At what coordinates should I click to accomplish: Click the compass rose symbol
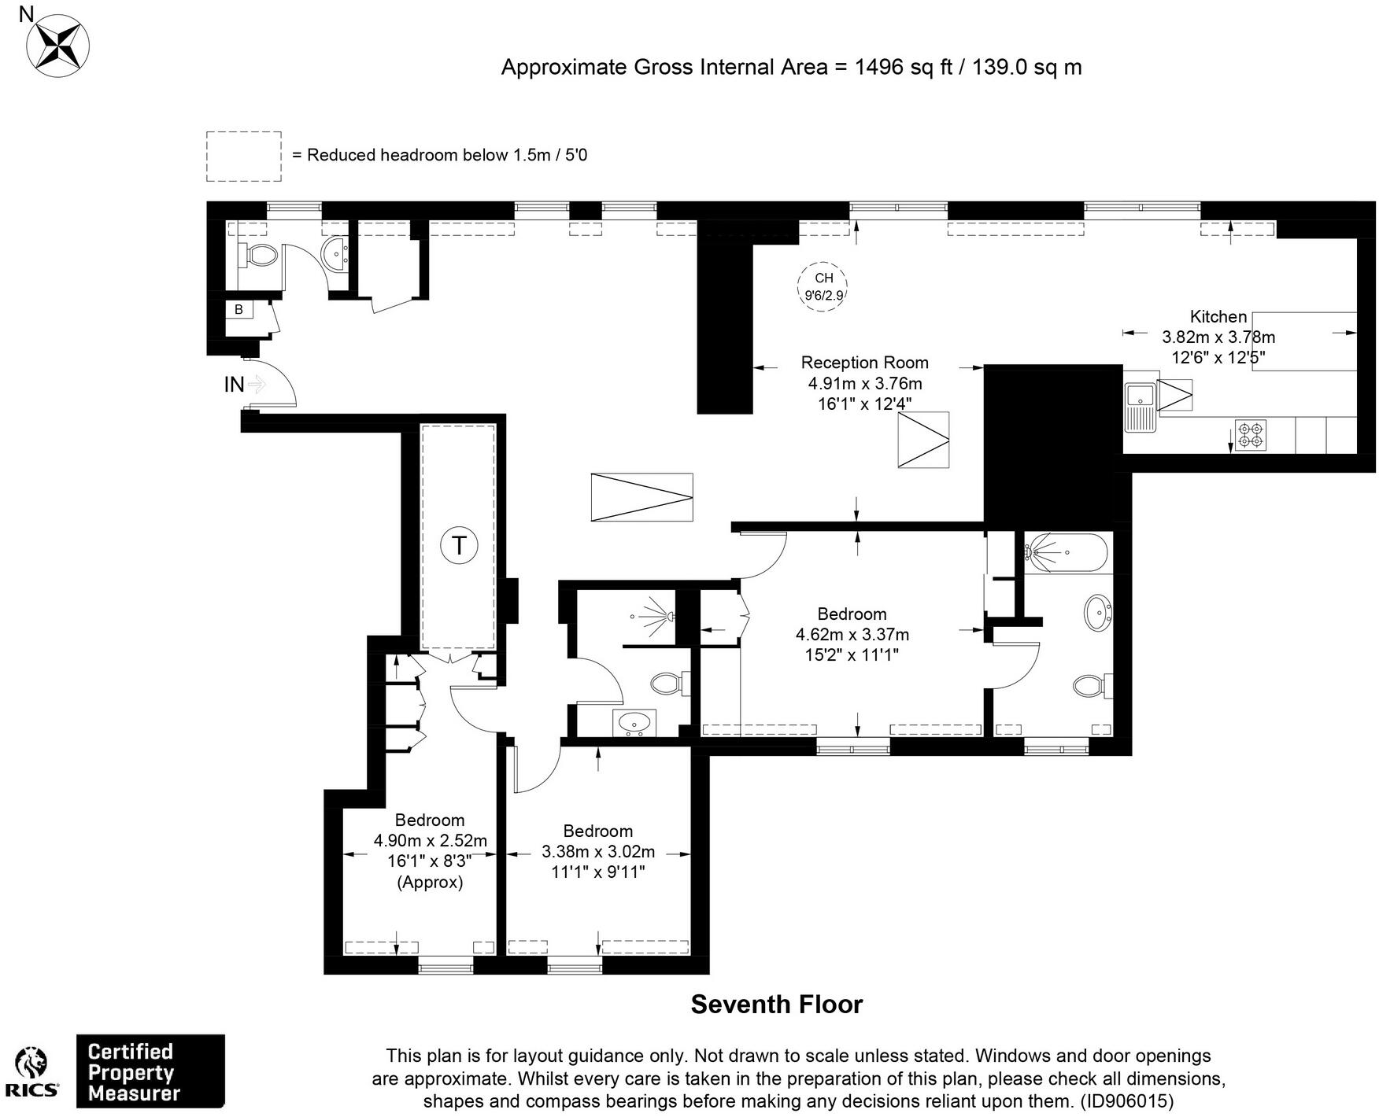(x=57, y=46)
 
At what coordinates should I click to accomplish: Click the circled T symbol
(x=459, y=544)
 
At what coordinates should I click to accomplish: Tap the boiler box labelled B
(x=239, y=310)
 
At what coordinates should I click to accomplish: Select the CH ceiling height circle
(x=823, y=286)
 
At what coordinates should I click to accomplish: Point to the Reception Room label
(x=864, y=363)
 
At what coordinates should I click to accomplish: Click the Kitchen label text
(x=1218, y=317)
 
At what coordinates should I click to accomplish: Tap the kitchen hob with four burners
(x=1250, y=436)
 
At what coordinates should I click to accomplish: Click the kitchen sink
(x=1138, y=406)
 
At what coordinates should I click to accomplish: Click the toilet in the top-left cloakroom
(x=261, y=255)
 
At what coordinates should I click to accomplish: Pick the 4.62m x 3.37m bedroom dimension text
(x=852, y=634)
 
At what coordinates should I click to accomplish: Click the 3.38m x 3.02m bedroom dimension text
(x=597, y=852)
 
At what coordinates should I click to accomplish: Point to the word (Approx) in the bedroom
(x=430, y=882)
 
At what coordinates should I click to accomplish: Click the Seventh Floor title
(x=776, y=1005)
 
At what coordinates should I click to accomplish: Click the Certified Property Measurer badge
(x=150, y=1072)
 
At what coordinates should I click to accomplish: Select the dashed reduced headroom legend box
(x=244, y=157)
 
